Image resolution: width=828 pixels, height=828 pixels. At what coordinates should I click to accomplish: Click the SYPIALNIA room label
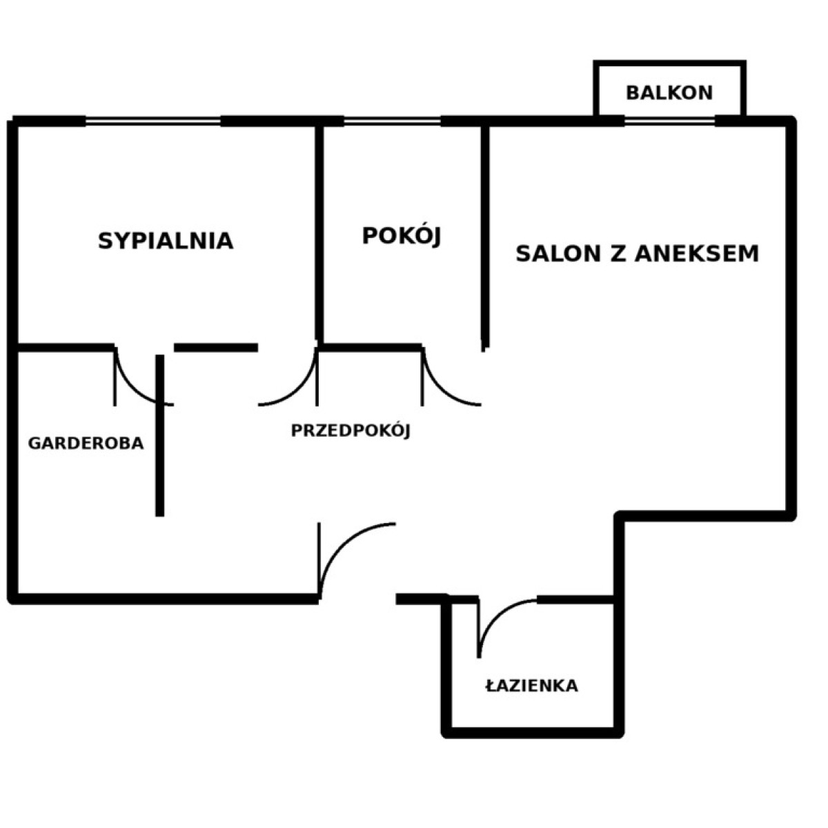click(166, 241)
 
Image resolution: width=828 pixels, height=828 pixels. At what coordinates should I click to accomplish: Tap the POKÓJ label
click(402, 236)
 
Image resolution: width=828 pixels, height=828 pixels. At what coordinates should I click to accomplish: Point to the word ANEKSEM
click(696, 253)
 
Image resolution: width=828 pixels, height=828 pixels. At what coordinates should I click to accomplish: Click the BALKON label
click(669, 93)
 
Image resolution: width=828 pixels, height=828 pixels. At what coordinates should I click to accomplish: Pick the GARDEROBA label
click(86, 444)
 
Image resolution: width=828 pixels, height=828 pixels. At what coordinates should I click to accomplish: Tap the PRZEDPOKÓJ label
click(351, 431)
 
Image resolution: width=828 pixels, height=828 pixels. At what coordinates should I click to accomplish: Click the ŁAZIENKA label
click(531, 685)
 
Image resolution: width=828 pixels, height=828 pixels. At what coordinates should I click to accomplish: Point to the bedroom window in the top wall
click(153, 121)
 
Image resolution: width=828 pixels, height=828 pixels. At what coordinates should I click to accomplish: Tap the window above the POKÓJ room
click(393, 121)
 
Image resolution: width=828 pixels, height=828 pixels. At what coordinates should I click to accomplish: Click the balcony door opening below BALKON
click(669, 121)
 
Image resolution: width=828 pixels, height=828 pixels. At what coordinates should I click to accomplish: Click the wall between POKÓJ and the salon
click(485, 237)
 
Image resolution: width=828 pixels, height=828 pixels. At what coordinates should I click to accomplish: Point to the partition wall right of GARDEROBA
click(160, 435)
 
